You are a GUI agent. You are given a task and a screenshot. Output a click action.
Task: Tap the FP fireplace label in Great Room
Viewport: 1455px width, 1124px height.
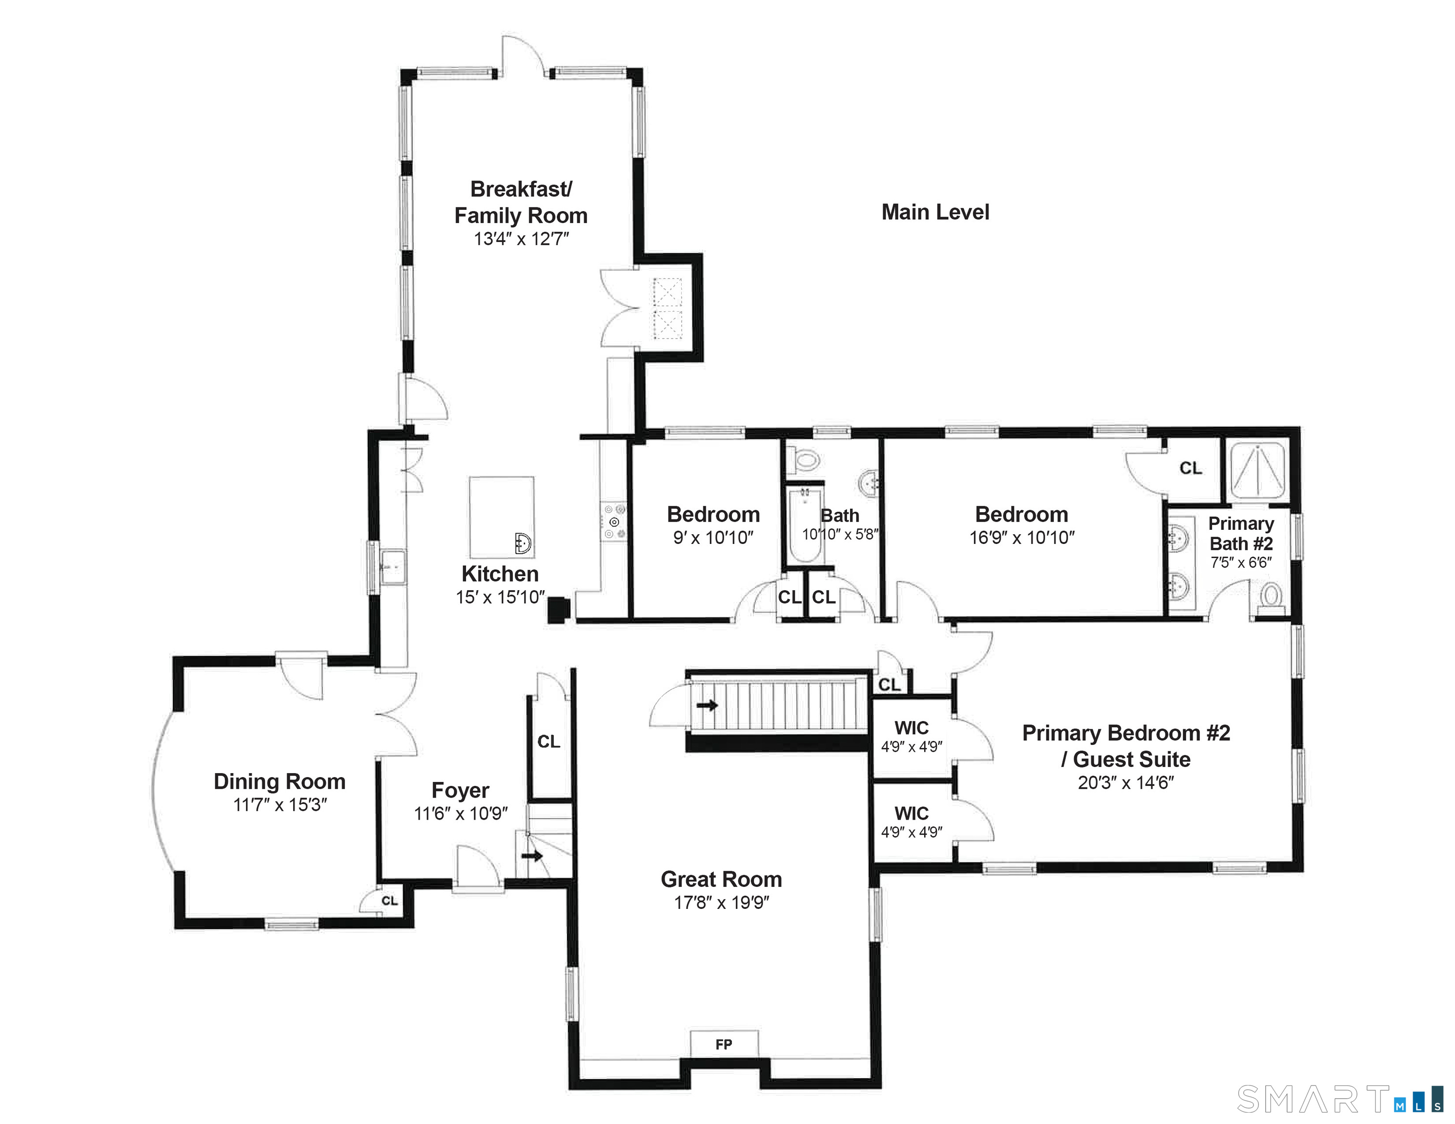724,1044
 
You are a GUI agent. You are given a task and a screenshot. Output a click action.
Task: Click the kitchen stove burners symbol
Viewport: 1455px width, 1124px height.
614,522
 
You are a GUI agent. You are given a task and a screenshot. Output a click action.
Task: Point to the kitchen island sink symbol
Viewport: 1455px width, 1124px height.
523,543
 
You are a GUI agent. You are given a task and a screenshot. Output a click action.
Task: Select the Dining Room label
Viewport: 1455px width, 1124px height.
279,781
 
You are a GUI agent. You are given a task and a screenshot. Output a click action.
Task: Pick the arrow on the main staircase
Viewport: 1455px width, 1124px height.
707,705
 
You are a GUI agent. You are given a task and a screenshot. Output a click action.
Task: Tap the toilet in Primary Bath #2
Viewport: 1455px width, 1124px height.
1271,595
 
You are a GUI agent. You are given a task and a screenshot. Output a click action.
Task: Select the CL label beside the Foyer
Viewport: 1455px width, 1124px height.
548,741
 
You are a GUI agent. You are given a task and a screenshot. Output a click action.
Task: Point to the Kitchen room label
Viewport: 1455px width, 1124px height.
500,574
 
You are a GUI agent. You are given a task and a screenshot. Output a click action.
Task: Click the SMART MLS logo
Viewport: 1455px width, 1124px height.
1339,1099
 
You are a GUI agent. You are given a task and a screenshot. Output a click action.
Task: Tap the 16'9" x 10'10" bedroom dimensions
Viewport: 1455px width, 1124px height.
1021,537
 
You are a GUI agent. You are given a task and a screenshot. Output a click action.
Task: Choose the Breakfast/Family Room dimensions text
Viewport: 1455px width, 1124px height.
521,239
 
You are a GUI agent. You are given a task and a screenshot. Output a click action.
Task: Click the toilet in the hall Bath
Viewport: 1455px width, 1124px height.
805,459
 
